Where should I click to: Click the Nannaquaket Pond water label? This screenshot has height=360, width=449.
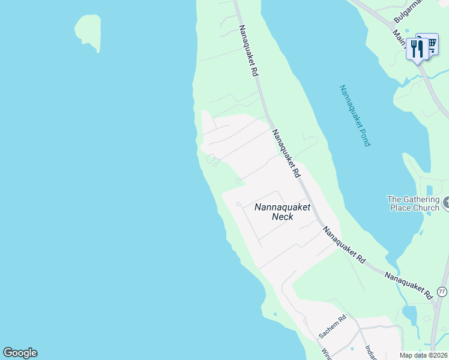point(355,116)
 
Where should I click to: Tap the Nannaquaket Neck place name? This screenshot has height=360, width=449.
point(282,211)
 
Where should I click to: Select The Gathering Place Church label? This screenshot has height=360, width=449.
point(412,203)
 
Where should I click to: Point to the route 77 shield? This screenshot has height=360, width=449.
point(442,292)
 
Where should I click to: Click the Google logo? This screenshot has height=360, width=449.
point(20,353)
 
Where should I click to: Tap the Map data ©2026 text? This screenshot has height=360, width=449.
point(423,355)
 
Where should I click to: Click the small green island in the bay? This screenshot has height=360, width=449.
point(88,30)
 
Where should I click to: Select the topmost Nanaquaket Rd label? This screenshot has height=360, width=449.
point(248,50)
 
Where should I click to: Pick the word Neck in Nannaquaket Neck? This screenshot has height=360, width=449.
point(282,217)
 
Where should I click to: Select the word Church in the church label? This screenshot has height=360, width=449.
point(425,208)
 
